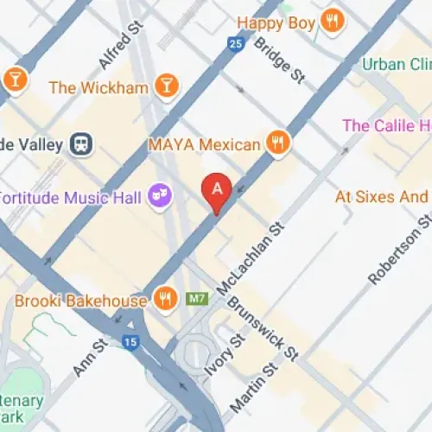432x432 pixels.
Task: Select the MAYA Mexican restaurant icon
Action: tap(276, 143)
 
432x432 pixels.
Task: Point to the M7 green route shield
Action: tap(199, 299)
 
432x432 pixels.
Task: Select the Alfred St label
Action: tap(119, 47)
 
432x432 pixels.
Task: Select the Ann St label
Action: tap(89, 357)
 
